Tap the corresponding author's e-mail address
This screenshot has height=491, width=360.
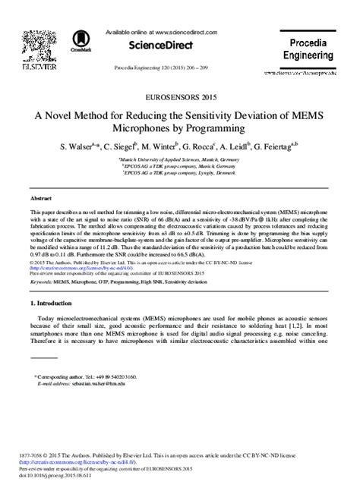pyautogui.click(x=107, y=384)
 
